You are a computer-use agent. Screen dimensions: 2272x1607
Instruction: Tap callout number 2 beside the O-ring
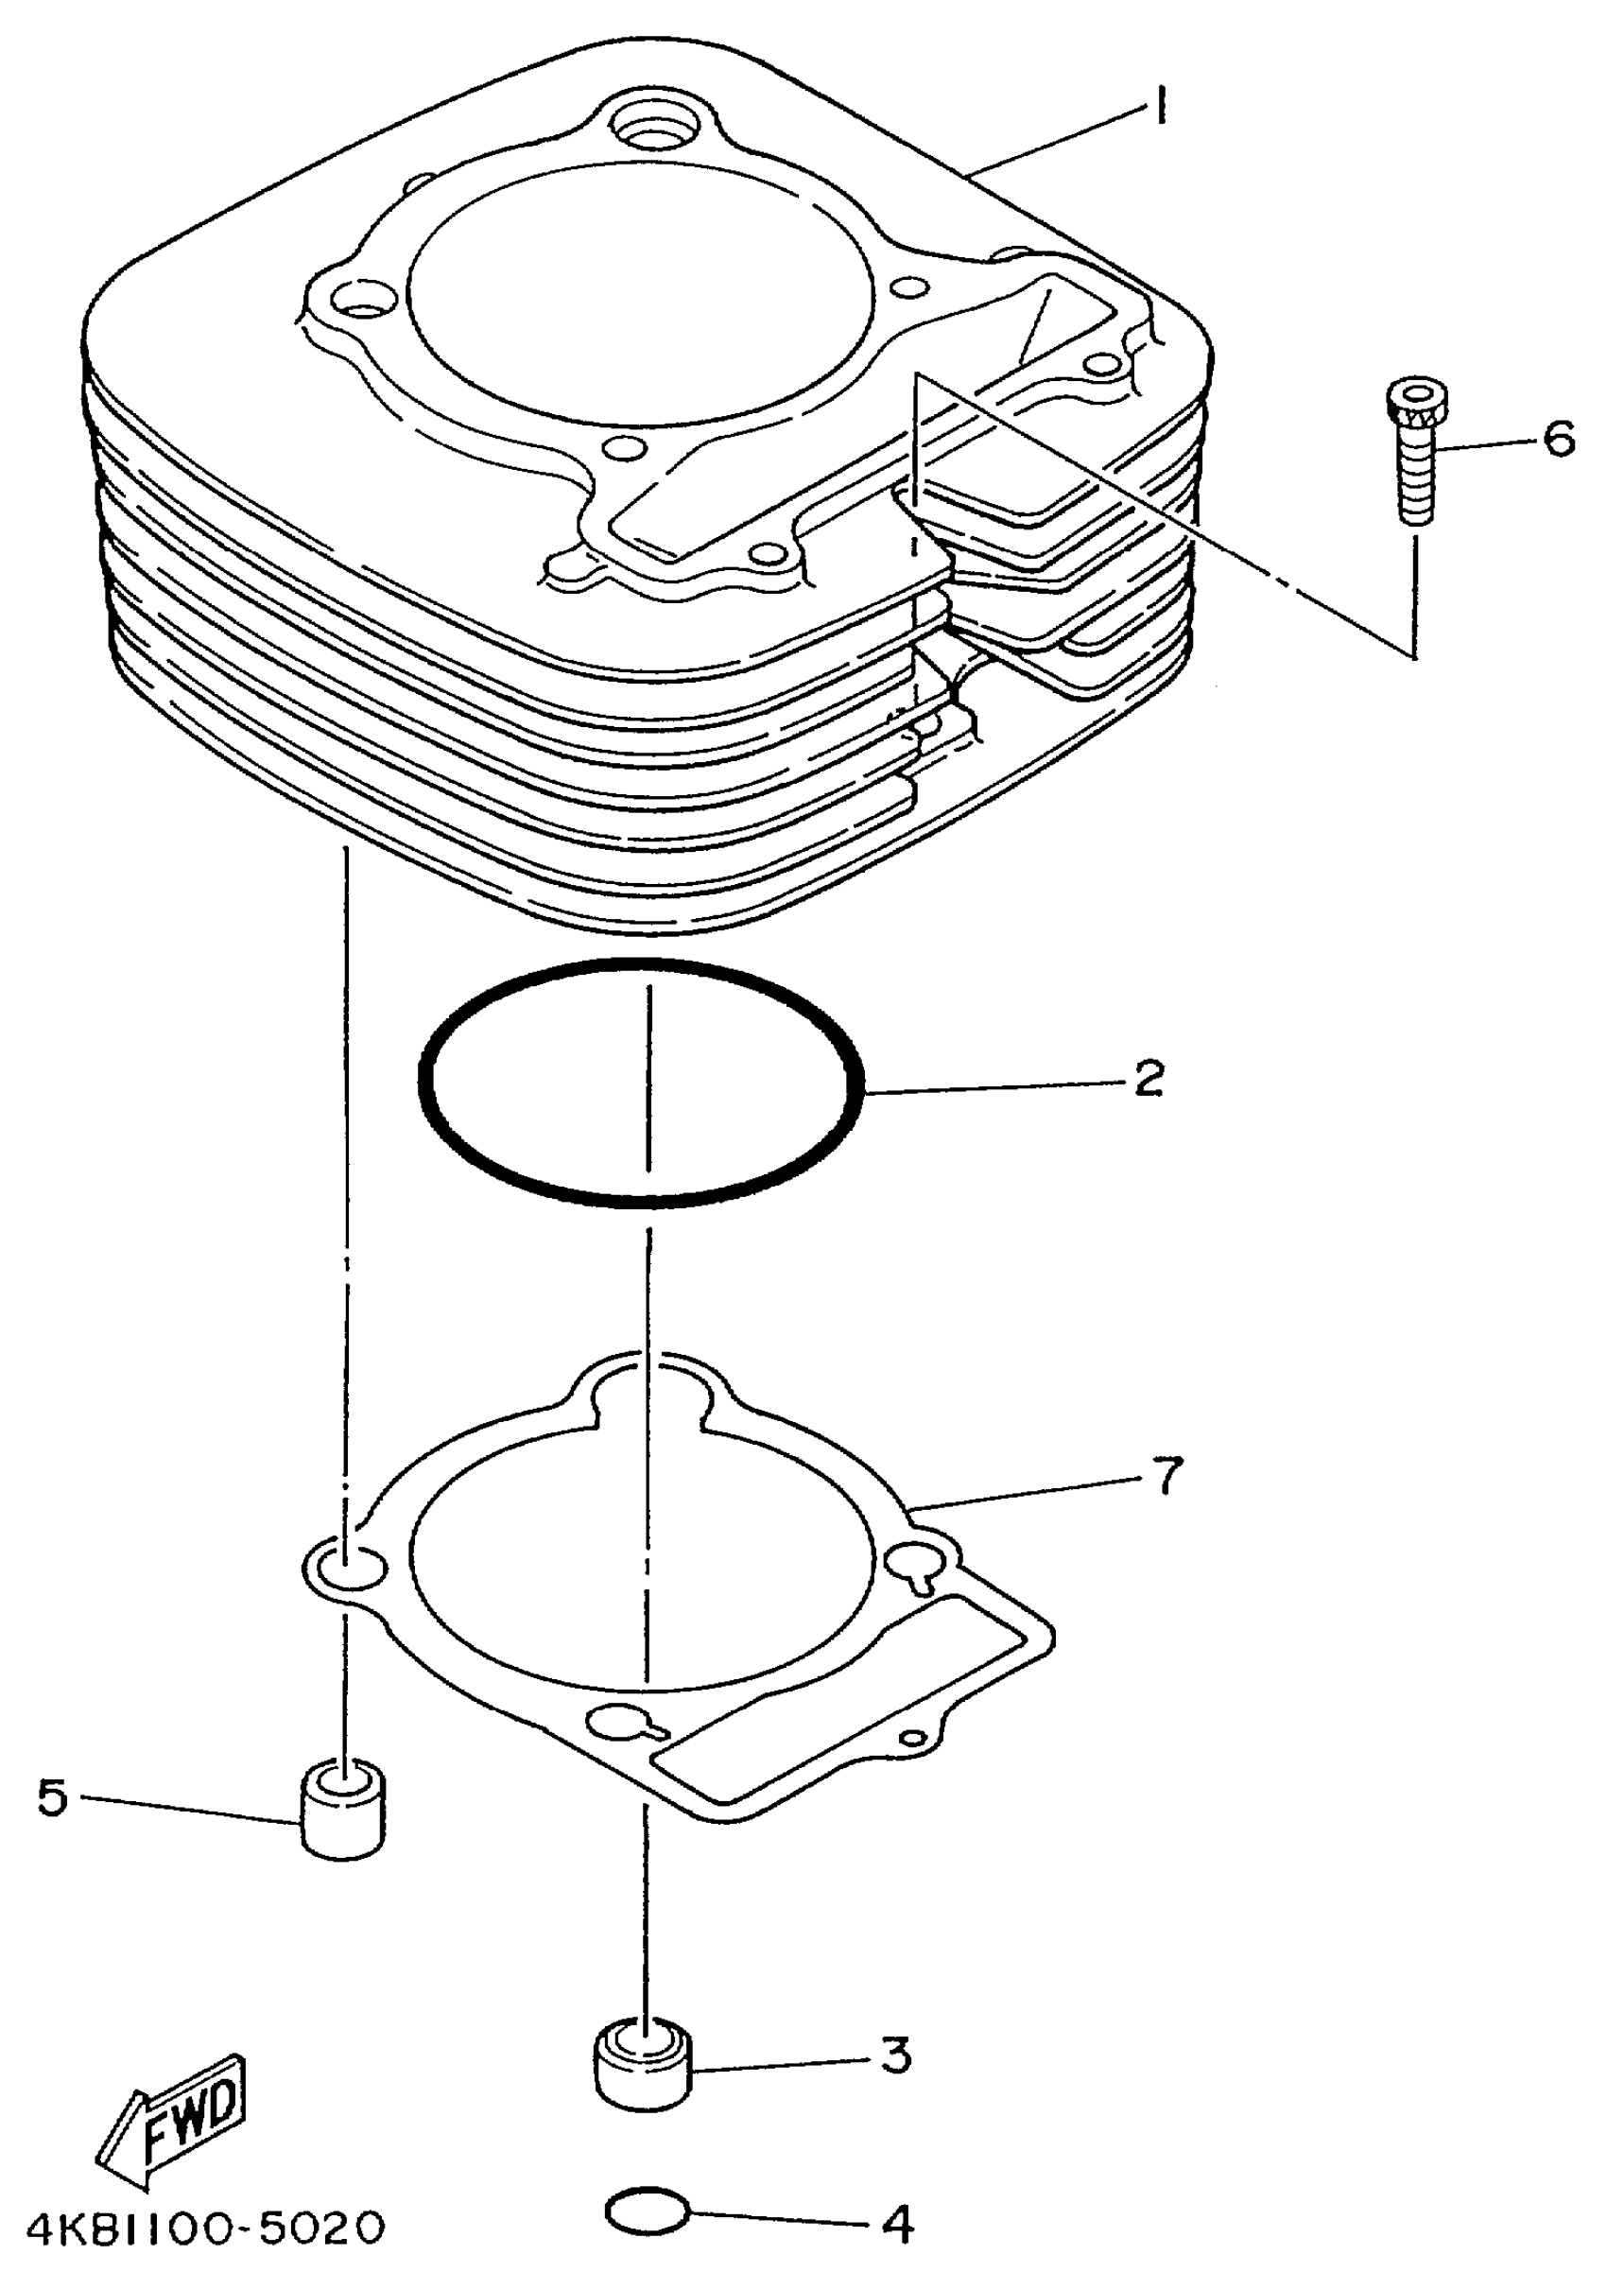click(1147, 1080)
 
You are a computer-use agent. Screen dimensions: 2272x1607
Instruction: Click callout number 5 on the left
click(52, 1797)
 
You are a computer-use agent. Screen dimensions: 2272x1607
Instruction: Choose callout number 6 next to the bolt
click(1560, 439)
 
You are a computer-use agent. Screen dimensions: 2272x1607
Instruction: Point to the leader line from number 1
click(1059, 141)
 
